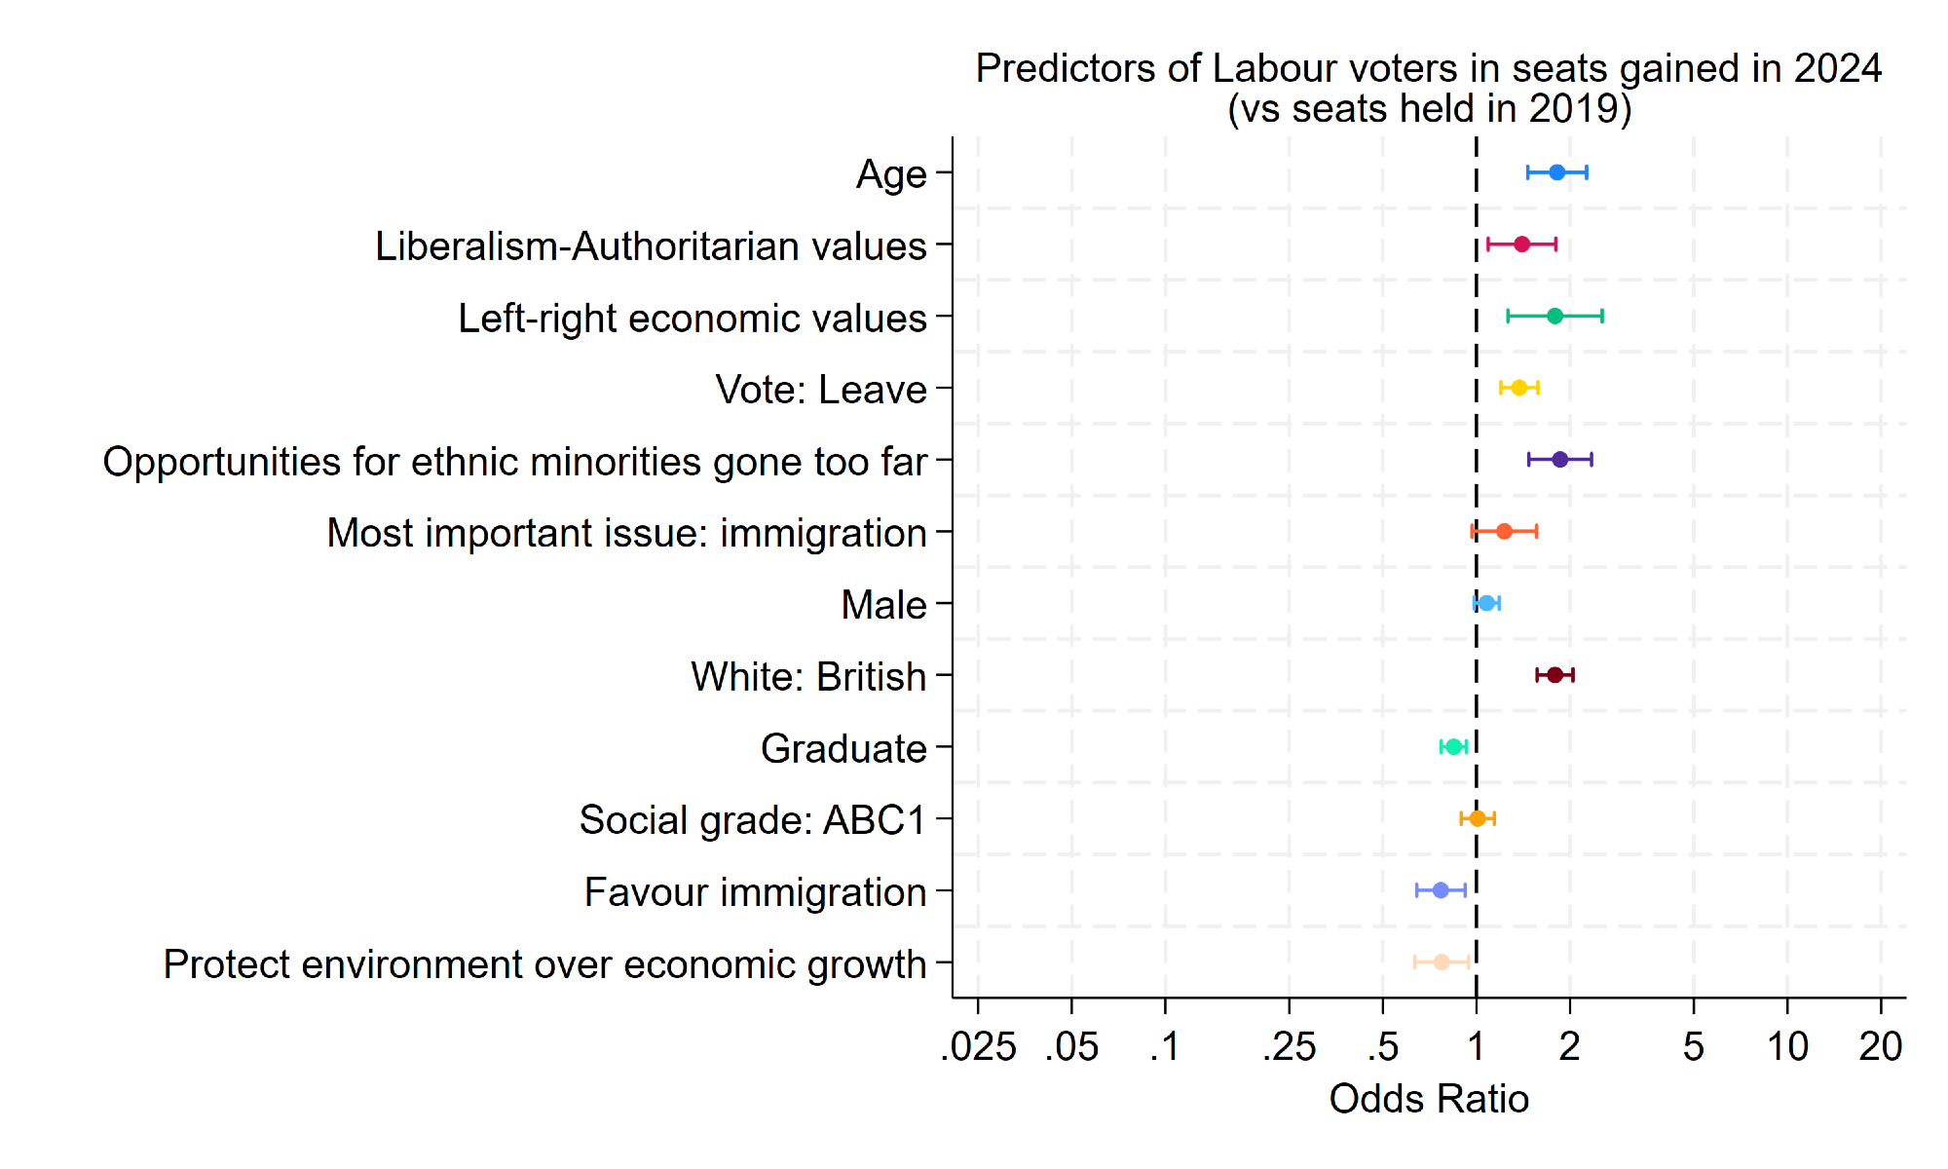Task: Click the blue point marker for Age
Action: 1556,172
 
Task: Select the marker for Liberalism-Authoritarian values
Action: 1521,245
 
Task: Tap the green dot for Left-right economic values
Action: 1555,316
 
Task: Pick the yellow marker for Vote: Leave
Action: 1518,388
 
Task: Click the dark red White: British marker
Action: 1555,675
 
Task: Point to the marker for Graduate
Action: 1453,747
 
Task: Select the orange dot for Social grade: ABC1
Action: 1477,818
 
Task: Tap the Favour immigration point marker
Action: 1441,890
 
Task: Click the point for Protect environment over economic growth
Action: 1442,962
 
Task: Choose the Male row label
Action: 883,605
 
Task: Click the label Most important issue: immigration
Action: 626,533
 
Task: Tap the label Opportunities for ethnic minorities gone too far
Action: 514,462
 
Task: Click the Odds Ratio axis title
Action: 1429,1099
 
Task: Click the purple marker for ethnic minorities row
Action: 1559,460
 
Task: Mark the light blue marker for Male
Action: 1486,603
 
